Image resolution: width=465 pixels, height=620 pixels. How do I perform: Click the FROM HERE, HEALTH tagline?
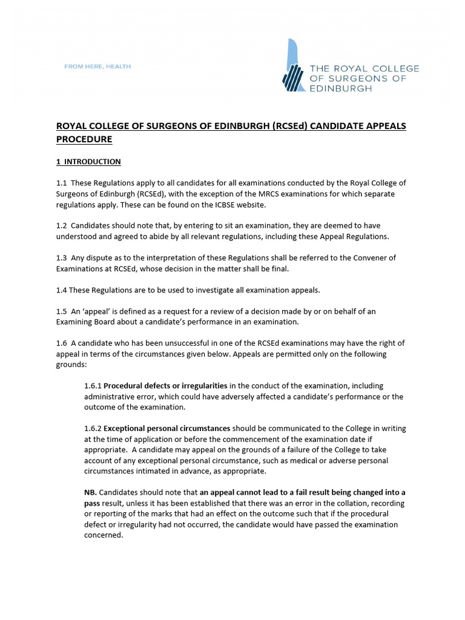97,67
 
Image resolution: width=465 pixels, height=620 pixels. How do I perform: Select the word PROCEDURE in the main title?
84,139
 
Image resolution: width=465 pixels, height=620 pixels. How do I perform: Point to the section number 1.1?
62,183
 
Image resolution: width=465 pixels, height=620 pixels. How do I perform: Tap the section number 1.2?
62,226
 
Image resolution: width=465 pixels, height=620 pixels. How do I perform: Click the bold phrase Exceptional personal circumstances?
167,429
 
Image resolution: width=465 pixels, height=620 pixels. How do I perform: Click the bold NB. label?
90,492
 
